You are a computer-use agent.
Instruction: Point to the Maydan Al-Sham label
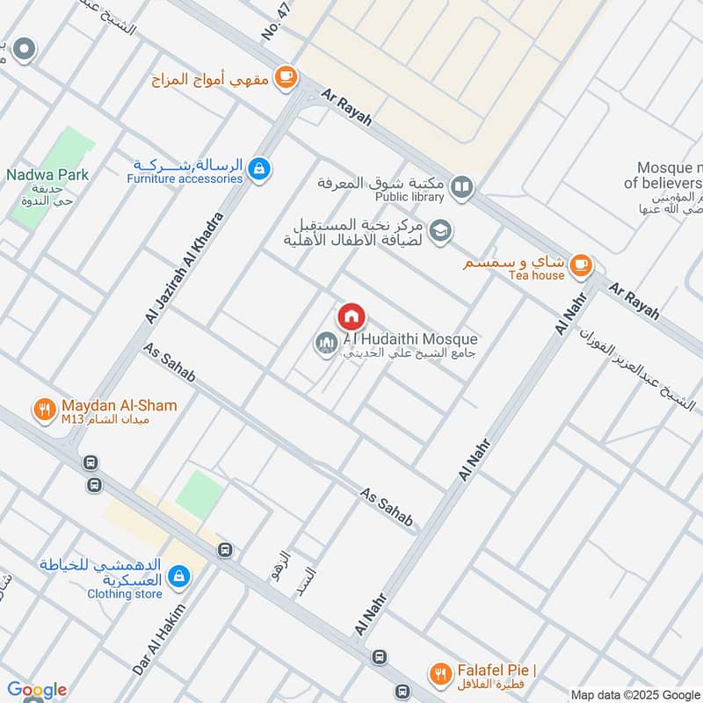(120, 406)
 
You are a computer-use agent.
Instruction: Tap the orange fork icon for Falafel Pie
(438, 674)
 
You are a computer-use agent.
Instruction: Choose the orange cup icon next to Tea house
(580, 264)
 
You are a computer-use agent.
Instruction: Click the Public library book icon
(460, 187)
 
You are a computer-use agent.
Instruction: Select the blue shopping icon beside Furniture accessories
(258, 169)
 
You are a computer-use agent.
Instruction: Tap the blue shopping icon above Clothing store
(178, 576)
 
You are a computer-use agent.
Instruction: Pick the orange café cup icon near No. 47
(285, 77)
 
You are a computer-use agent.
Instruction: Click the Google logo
(37, 690)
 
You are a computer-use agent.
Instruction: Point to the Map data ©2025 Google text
(634, 694)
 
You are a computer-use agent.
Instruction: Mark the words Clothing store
(125, 594)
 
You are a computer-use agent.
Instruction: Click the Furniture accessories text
(184, 178)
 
